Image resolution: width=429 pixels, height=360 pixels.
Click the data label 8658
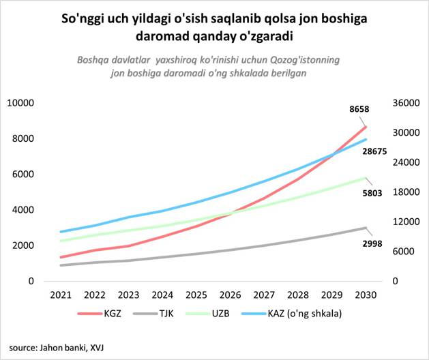[359, 108]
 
